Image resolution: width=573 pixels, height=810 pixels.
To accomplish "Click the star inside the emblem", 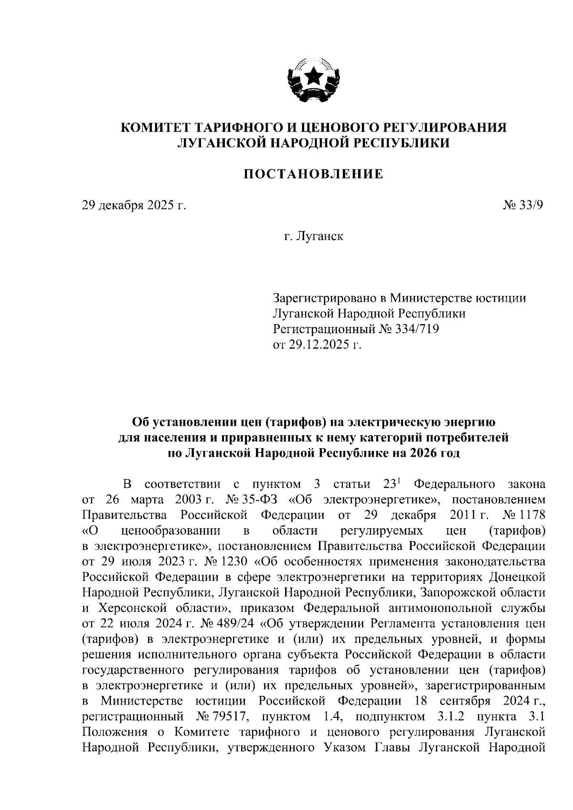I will [x=314, y=75].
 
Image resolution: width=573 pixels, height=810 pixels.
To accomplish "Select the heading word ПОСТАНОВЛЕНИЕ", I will [x=313, y=174].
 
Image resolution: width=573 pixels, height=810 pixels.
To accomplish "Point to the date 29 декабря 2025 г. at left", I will [x=134, y=205].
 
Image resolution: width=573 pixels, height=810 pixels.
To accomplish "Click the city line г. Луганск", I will [x=313, y=236].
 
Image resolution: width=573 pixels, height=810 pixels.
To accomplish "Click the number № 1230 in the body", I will [x=241, y=561].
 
